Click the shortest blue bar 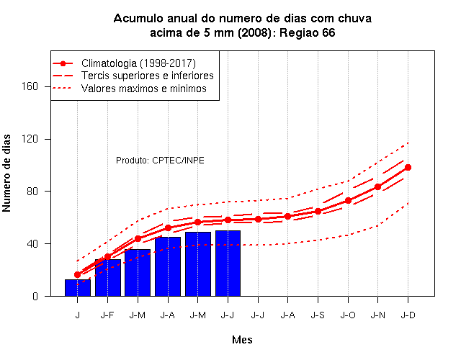click(x=78, y=288)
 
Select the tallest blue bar click(x=228, y=264)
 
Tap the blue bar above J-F click(x=108, y=278)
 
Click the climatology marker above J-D click(x=408, y=168)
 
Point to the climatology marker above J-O click(x=348, y=201)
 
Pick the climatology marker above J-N click(x=377, y=187)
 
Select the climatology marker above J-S click(x=318, y=211)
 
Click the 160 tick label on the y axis click(x=30, y=86)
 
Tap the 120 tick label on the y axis click(x=30, y=139)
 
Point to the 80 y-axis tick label click(x=32, y=192)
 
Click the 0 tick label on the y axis click(x=35, y=296)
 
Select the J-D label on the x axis click(x=408, y=315)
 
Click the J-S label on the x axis click(x=318, y=315)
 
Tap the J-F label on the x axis click(x=107, y=315)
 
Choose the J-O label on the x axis click(x=348, y=315)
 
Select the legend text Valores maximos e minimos click(x=144, y=89)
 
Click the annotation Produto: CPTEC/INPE click(x=160, y=161)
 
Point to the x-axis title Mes click(x=242, y=340)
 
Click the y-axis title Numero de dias click(x=6, y=174)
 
